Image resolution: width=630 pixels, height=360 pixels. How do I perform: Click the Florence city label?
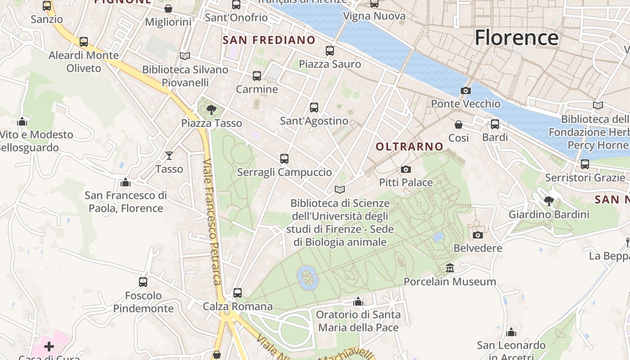coord(517,37)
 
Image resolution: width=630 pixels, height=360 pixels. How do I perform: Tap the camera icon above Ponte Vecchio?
coord(466,90)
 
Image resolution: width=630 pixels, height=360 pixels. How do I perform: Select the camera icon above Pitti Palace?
coord(405,169)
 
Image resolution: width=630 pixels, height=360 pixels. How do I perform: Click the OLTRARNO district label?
coord(409,146)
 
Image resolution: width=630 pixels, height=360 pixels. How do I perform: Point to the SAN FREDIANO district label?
coord(269,40)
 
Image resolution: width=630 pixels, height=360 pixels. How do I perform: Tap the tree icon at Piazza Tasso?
coord(211,109)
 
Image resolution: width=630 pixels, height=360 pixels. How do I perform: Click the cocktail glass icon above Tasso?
coord(169,156)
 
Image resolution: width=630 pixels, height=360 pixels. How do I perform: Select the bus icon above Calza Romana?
coord(238,293)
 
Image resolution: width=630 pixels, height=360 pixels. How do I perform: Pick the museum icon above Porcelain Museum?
coord(450,269)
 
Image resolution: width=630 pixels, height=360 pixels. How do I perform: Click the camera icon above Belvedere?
coord(477,235)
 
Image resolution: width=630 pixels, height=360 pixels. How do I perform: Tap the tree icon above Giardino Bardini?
coord(549,201)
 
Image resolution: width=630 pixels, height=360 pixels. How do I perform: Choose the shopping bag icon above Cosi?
coord(459,125)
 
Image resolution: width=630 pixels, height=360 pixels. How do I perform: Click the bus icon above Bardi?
coord(495,124)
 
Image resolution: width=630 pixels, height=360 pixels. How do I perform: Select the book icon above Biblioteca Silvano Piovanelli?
coord(184,56)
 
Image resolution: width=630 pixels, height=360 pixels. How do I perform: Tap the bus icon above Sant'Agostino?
coord(314,108)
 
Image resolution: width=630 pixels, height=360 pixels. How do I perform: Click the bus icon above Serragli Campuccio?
coord(284,158)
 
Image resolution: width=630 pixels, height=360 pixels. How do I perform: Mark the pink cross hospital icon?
coord(49,346)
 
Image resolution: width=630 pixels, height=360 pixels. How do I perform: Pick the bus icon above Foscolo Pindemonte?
coord(143,282)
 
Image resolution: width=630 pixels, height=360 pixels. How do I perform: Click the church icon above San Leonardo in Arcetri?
coord(511,333)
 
